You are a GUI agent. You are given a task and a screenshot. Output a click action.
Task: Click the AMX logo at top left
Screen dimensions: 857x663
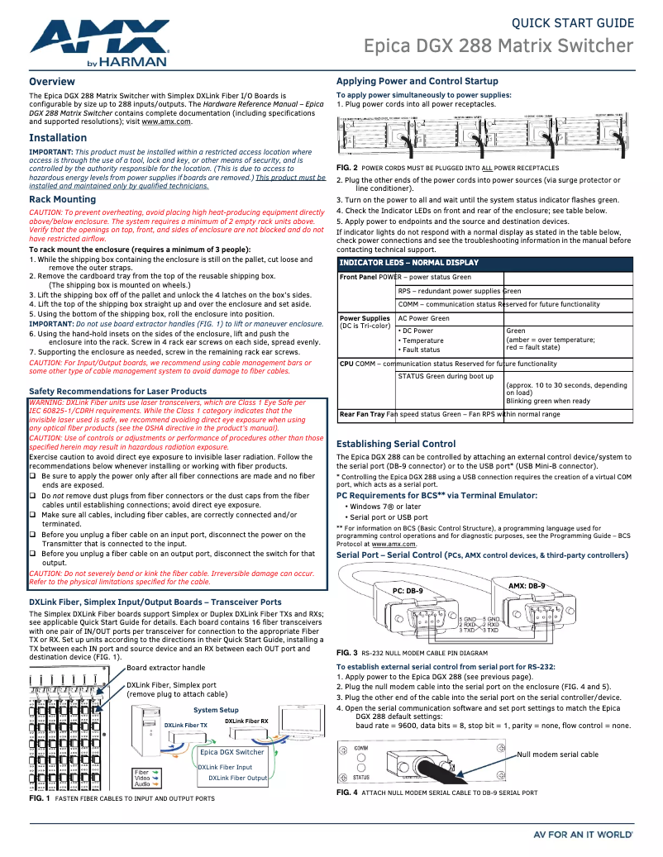(x=100, y=41)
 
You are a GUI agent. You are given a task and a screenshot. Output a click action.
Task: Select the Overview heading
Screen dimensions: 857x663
(x=52, y=82)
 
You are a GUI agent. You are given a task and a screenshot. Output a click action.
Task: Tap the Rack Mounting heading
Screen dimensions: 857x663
(x=62, y=199)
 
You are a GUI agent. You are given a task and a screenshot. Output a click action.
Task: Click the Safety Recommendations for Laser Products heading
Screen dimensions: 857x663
(x=117, y=391)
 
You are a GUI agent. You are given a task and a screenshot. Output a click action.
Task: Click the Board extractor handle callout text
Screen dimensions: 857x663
(x=165, y=667)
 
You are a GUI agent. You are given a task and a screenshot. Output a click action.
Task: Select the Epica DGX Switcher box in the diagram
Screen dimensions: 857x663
(x=232, y=752)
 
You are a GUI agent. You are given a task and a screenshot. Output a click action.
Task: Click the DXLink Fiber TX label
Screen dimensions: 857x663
(x=185, y=725)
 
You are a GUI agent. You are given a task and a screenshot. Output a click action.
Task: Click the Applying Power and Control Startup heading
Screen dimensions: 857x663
(x=417, y=81)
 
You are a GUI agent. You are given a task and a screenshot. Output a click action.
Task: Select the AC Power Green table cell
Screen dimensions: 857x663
(x=424, y=318)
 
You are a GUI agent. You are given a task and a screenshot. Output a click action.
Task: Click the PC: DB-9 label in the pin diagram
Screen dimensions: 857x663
(x=408, y=591)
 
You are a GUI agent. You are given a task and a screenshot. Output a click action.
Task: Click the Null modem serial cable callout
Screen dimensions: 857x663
(x=557, y=755)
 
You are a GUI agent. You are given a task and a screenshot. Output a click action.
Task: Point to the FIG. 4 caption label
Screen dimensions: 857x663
(x=347, y=793)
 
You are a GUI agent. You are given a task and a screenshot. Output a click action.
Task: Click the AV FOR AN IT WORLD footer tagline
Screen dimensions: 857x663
(x=583, y=835)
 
